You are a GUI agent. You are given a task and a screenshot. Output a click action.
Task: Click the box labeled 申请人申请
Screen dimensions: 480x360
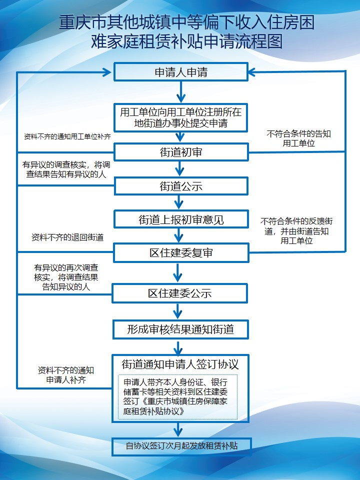[181, 72]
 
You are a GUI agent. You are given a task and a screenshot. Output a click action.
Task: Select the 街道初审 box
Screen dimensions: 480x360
[181, 152]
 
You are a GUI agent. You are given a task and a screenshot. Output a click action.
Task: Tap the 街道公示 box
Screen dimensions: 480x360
[181, 186]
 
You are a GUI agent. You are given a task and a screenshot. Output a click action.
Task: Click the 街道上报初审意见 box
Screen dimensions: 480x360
[181, 219]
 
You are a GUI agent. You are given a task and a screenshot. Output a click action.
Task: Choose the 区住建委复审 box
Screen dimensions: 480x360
[181, 253]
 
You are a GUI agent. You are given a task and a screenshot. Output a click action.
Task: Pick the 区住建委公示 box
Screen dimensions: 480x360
[180, 293]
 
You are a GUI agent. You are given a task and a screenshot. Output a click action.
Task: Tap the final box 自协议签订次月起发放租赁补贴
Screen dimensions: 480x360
[181, 445]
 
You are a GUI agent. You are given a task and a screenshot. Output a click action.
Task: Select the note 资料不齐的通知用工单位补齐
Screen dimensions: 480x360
[67, 136]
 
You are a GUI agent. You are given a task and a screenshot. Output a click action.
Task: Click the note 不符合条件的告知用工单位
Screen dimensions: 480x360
[299, 138]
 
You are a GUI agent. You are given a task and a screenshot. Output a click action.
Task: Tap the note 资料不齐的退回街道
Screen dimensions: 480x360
[67, 237]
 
